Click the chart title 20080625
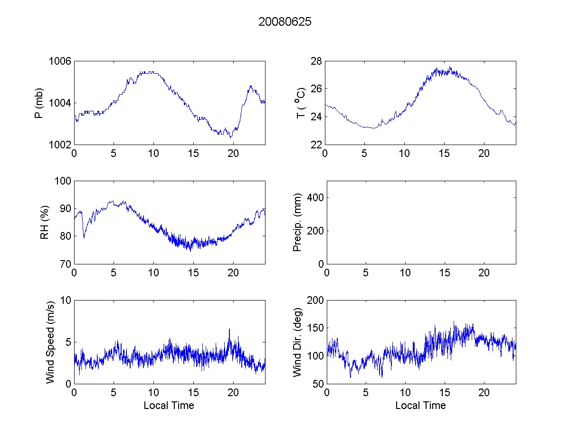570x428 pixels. [x=285, y=22]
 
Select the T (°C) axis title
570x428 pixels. [x=300, y=103]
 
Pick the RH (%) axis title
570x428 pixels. [x=45, y=222]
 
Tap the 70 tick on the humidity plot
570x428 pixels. [x=64, y=264]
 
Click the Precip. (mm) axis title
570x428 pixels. [x=297, y=222]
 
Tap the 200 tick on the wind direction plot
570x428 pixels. [x=313, y=300]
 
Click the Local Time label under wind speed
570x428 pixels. [x=169, y=406]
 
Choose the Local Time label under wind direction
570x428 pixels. [x=420, y=406]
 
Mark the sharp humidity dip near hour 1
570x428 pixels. [x=84, y=237]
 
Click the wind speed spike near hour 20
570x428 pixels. [x=229, y=330]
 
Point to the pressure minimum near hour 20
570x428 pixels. [x=231, y=137]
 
